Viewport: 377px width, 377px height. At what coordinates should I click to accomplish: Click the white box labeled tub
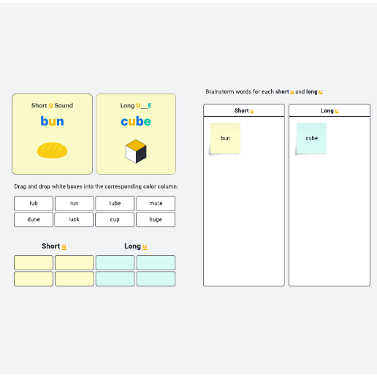pyautogui.click(x=34, y=203)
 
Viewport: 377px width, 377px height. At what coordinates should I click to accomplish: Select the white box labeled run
pyautogui.click(x=75, y=203)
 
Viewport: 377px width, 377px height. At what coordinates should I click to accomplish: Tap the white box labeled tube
pyautogui.click(x=115, y=203)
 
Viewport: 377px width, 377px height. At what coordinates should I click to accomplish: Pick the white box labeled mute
pyautogui.click(x=156, y=203)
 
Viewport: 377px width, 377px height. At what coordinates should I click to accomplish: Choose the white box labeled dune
pyautogui.click(x=34, y=219)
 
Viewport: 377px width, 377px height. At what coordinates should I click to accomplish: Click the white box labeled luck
pyautogui.click(x=74, y=219)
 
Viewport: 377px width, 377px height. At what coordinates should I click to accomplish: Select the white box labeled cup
pyautogui.click(x=115, y=219)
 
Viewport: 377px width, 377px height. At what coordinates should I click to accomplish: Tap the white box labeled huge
pyautogui.click(x=156, y=219)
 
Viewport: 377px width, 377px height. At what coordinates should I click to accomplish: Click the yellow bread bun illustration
pyautogui.click(x=52, y=151)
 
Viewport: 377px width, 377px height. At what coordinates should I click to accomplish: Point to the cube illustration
pyautogui.click(x=136, y=151)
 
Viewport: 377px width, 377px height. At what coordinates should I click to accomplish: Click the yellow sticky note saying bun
pyautogui.click(x=225, y=138)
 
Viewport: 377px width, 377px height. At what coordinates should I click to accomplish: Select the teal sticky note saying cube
pyautogui.click(x=311, y=138)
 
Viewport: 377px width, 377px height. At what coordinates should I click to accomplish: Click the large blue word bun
pyautogui.click(x=52, y=121)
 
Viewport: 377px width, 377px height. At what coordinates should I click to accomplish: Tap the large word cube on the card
pyautogui.click(x=136, y=121)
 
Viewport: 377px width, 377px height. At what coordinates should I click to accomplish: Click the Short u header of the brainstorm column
pyautogui.click(x=244, y=110)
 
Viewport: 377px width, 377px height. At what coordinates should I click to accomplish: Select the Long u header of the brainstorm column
pyautogui.click(x=330, y=110)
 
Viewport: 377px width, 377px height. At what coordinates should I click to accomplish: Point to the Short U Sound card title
pyautogui.click(x=52, y=105)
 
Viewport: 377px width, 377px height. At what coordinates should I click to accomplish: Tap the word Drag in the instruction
pyautogui.click(x=20, y=186)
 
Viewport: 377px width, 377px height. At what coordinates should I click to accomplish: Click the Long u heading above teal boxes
pyautogui.click(x=136, y=246)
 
